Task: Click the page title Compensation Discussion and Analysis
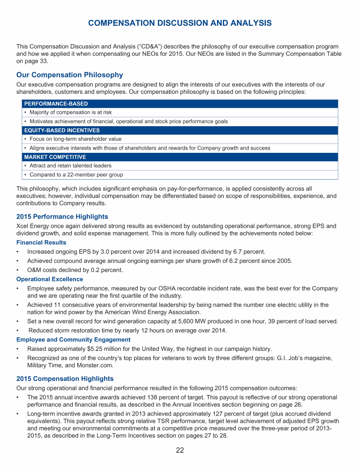point(180,23)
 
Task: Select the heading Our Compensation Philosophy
point(69,75)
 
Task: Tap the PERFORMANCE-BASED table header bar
point(180,104)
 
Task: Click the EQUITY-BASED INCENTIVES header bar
point(180,130)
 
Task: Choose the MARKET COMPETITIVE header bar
point(180,157)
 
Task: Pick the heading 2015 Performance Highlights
point(62,217)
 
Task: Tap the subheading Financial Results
point(41,242)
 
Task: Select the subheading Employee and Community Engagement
point(73,339)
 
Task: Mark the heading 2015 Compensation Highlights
point(65,378)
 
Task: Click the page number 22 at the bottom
point(180,451)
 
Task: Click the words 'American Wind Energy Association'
point(159,312)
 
